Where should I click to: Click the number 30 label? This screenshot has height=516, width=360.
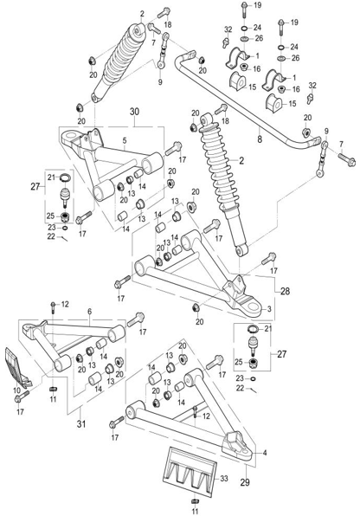(x=134, y=112)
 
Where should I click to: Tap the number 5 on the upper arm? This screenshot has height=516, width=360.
(x=125, y=140)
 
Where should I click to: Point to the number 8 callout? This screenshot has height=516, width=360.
(x=260, y=139)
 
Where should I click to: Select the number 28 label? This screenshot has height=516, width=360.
(x=285, y=291)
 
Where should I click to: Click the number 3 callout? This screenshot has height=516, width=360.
(x=269, y=309)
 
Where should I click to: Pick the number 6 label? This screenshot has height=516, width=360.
(x=90, y=312)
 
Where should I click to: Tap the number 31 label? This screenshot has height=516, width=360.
(x=81, y=423)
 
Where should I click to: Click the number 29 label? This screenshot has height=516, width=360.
(x=245, y=482)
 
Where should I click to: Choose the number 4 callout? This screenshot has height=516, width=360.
(x=265, y=453)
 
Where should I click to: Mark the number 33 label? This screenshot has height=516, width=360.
(x=224, y=478)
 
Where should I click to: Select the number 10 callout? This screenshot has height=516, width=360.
(x=16, y=390)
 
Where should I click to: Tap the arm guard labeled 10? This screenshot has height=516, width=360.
(x=18, y=366)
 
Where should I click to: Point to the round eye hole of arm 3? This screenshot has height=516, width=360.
(x=253, y=306)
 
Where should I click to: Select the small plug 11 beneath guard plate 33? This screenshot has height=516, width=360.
(x=195, y=501)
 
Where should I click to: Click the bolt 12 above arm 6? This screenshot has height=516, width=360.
(x=53, y=307)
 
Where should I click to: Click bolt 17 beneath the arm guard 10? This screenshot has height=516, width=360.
(x=22, y=397)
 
